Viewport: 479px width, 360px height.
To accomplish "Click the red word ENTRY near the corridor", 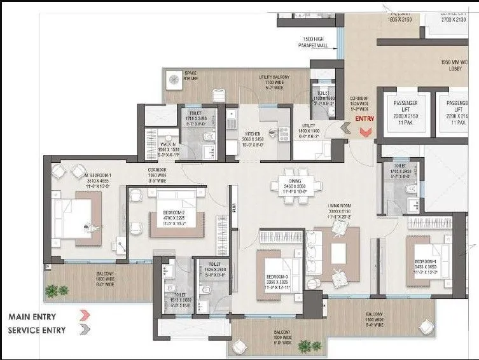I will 364,119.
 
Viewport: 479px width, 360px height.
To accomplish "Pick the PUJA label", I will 233,206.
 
